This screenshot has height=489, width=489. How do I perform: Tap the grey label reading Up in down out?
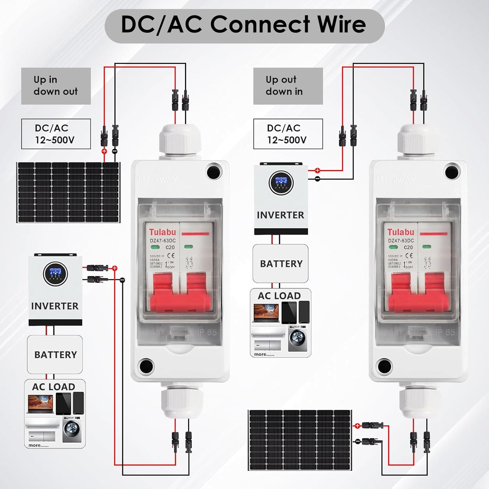(x=56, y=86)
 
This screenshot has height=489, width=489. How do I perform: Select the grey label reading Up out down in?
(x=288, y=86)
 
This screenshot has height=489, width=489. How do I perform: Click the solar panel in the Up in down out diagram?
(x=68, y=192)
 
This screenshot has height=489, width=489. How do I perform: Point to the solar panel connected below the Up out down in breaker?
(x=300, y=440)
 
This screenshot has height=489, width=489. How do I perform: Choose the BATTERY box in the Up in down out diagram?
(x=55, y=355)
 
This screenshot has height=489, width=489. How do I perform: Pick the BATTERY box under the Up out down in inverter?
(x=281, y=264)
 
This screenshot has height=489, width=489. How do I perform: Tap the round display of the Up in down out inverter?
(x=55, y=273)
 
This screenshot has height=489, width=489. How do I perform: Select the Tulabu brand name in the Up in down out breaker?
(x=163, y=232)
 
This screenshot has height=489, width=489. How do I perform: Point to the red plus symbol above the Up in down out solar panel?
(x=104, y=151)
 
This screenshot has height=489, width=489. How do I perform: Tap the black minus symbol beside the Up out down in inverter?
(x=317, y=179)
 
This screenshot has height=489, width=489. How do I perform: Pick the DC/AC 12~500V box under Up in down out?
(x=56, y=134)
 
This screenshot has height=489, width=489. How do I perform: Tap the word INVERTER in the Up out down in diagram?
(x=281, y=215)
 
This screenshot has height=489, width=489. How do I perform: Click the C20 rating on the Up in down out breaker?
(x=170, y=247)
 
